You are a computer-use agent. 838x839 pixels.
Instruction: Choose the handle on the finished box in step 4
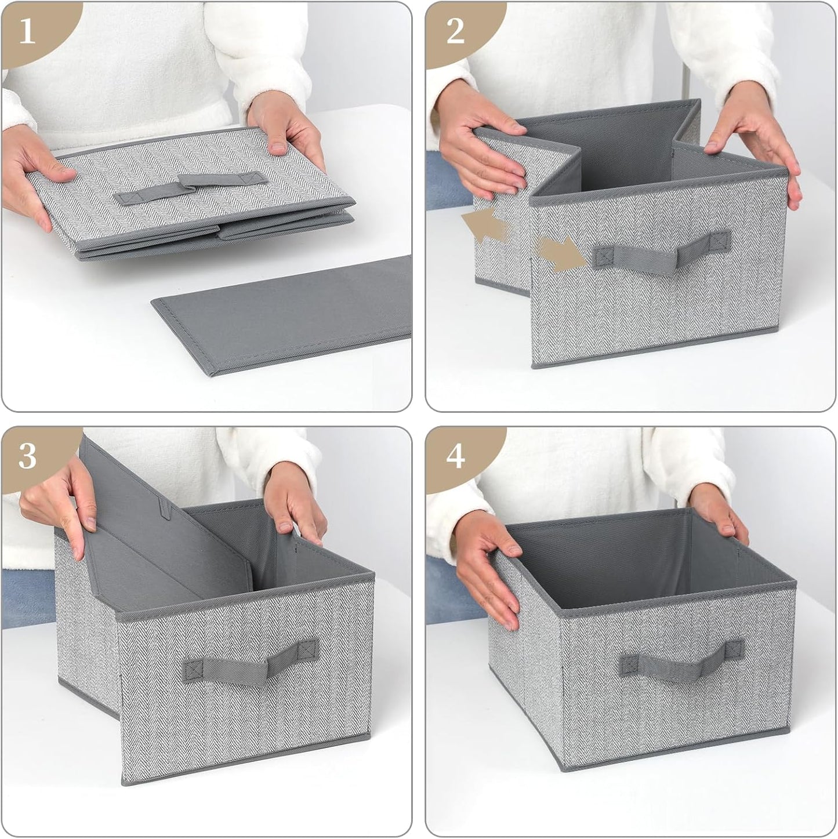[681, 658]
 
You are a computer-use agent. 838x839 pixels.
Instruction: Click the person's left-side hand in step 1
[35, 174]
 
